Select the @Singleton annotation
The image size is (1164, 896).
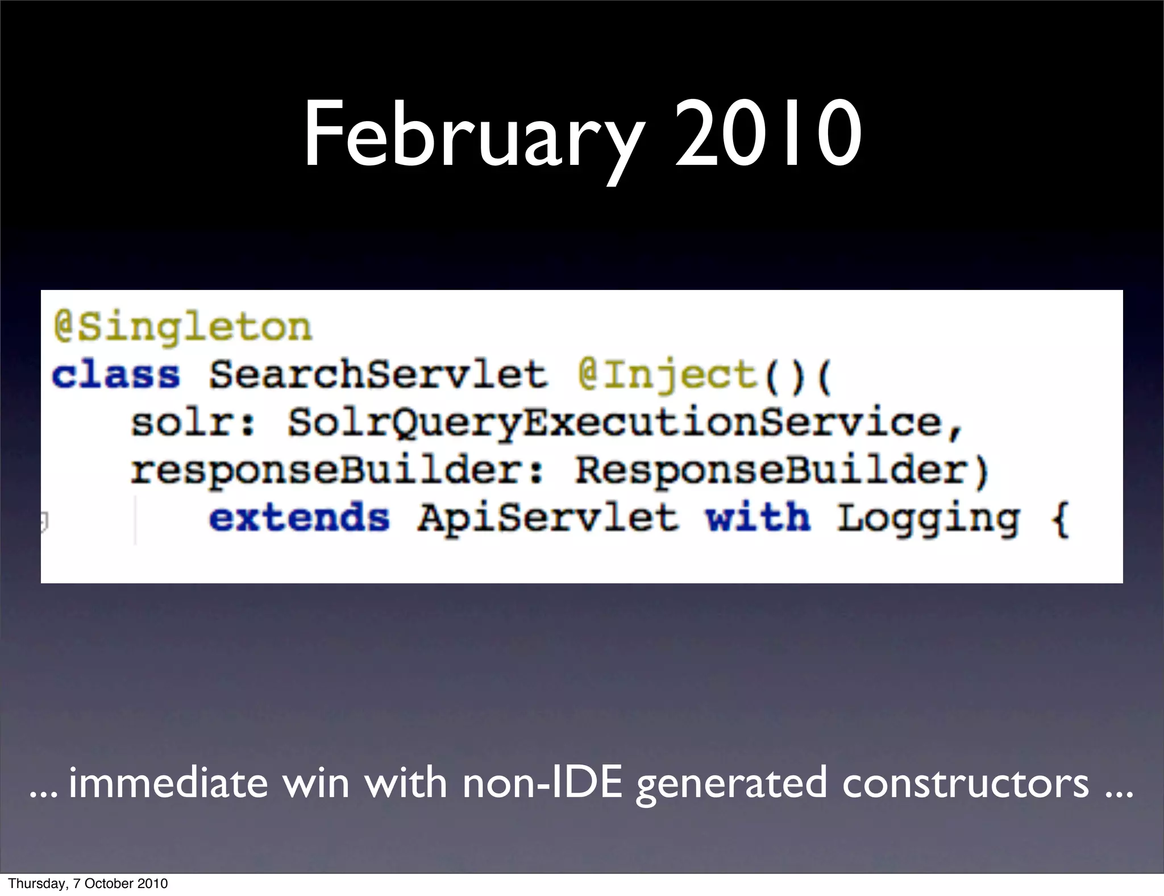click(183, 327)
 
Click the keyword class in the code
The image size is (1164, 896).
click(116, 375)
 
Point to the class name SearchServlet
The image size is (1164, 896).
click(378, 375)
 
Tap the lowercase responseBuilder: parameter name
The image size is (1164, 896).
click(337, 471)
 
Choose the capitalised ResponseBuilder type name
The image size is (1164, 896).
click(771, 471)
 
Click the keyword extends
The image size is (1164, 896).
click(300, 518)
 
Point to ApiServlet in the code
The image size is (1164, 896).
click(548, 518)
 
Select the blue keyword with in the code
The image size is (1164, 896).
click(758, 518)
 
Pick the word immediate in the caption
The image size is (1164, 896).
click(168, 783)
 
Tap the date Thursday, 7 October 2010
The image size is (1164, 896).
click(88, 883)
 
